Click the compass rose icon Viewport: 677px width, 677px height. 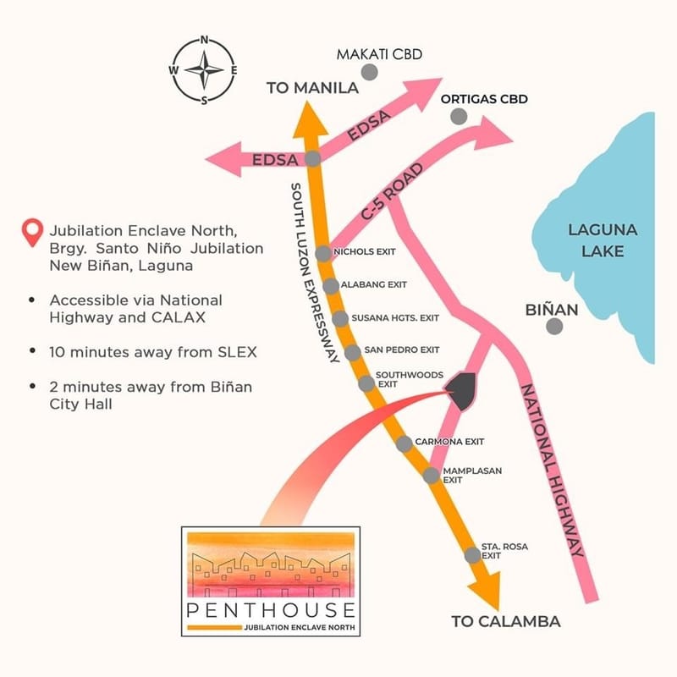click(204, 70)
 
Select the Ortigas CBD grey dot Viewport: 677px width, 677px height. click(458, 116)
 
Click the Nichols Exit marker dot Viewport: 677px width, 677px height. click(322, 254)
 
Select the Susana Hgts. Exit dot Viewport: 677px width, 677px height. click(340, 319)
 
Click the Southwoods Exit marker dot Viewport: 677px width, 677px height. click(366, 383)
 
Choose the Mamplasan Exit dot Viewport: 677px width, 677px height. click(431, 476)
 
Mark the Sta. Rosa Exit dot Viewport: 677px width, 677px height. click(472, 555)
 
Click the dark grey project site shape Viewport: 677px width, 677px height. click(461, 391)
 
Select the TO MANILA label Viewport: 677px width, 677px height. click(313, 88)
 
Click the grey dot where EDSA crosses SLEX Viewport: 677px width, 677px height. click(312, 158)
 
